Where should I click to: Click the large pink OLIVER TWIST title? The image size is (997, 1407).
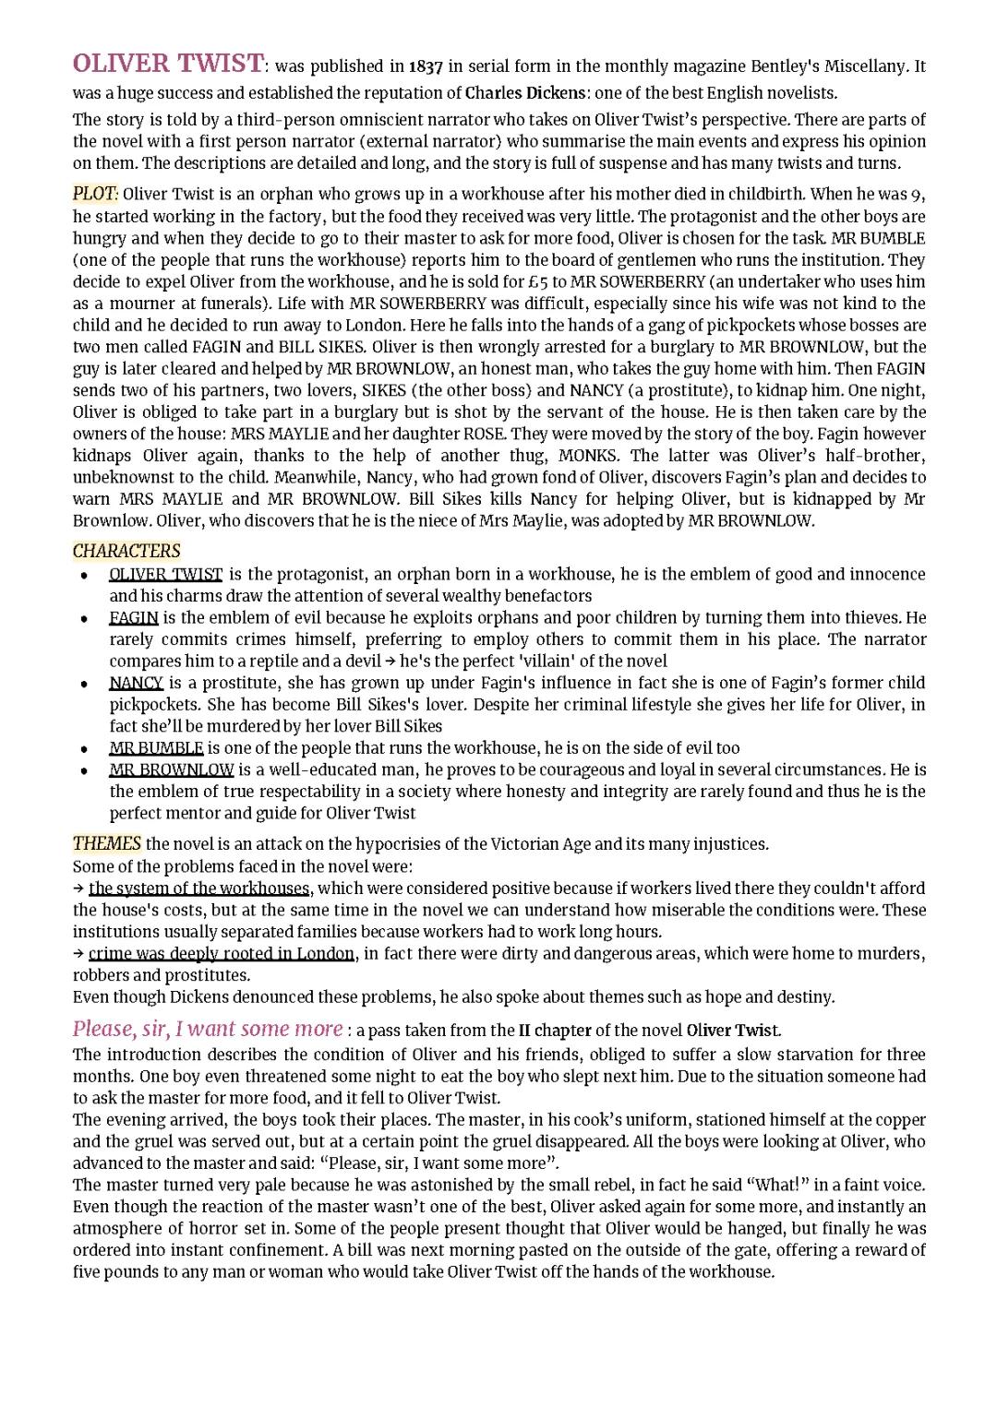pyautogui.click(x=168, y=65)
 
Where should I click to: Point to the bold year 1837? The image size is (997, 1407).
pyautogui.click(x=426, y=66)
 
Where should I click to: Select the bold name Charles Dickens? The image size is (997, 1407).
pyautogui.click(x=525, y=93)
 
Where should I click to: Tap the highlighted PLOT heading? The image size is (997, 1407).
pyautogui.click(x=94, y=194)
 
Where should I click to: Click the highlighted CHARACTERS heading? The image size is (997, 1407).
pyautogui.click(x=126, y=551)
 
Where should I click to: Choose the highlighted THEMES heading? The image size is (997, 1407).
pyautogui.click(x=107, y=843)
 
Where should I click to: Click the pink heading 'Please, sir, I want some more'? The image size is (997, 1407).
pyautogui.click(x=208, y=1029)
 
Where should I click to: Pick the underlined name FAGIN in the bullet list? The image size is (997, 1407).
pyautogui.click(x=134, y=617)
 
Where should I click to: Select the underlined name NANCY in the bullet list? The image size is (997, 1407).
pyautogui.click(x=136, y=683)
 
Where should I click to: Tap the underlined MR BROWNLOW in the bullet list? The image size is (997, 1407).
pyautogui.click(x=171, y=769)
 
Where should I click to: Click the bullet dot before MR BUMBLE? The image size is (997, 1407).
pyautogui.click(x=84, y=749)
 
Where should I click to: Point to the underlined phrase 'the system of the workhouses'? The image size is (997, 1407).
pyautogui.click(x=199, y=888)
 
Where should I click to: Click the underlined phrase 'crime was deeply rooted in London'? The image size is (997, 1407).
pyautogui.click(x=222, y=953)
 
